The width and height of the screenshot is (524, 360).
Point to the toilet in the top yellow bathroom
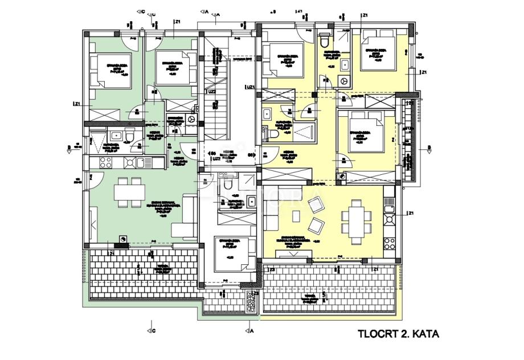325,42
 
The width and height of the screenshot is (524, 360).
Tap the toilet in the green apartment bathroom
130,136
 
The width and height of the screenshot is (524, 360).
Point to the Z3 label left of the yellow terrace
273,269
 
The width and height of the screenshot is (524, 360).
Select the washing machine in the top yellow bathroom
343,81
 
